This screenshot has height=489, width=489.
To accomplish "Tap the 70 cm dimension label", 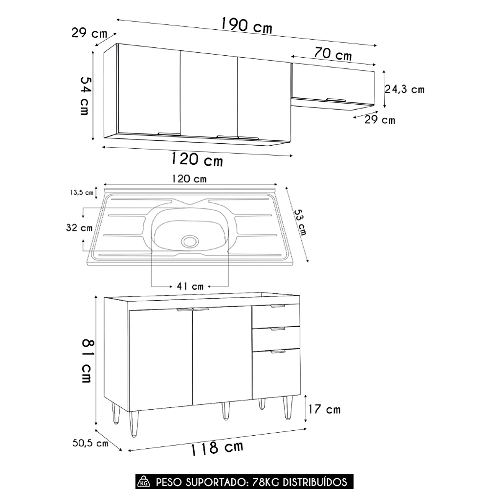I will pyautogui.click(x=333, y=54).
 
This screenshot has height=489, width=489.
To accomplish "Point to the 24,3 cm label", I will pyautogui.click(x=404, y=89).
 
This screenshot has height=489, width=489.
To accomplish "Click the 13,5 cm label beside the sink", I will pyautogui.click(x=81, y=192).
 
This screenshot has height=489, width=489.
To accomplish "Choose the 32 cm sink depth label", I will pyautogui.click(x=79, y=227).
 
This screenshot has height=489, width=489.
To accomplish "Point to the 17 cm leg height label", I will pyautogui.click(x=325, y=409).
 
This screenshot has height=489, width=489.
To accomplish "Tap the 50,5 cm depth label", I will pyautogui.click(x=90, y=444).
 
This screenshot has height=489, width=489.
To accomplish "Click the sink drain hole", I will pyautogui.click(x=189, y=241).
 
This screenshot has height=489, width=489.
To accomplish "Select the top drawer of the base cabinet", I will pyautogui.click(x=276, y=315).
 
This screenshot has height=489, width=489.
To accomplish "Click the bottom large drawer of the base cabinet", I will pyautogui.click(x=276, y=373).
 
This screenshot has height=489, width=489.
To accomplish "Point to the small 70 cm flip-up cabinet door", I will pyautogui.click(x=333, y=84).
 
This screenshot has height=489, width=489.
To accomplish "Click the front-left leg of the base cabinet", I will pyautogui.click(x=133, y=423).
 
